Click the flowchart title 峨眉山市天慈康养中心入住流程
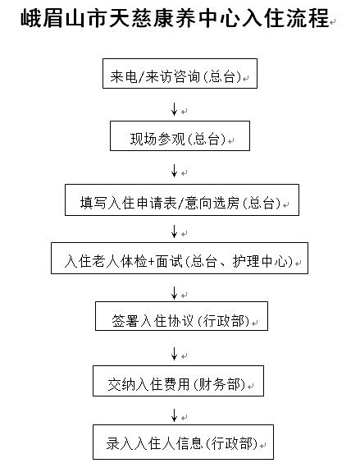click(x=175, y=18)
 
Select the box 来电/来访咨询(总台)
click(x=180, y=74)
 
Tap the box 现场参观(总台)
click(x=180, y=135)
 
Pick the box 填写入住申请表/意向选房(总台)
click(x=182, y=200)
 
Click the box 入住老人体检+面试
click(x=180, y=259)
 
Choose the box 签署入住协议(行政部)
click(x=181, y=316)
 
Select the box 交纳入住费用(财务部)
click(x=178, y=381)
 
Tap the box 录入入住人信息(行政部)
click(x=183, y=442)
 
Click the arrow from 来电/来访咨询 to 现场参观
click(x=175, y=109)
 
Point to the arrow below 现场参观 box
click(x=175, y=171)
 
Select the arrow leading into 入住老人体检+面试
click(x=175, y=231)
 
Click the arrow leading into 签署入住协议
click(x=175, y=293)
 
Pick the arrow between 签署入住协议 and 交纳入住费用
click(x=175, y=354)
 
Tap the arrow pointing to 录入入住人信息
click(x=175, y=415)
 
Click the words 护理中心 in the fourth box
click(x=260, y=261)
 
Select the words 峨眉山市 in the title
click(x=64, y=18)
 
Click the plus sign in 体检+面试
click(x=152, y=262)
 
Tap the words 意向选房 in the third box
click(x=212, y=203)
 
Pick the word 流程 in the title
click(x=308, y=18)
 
